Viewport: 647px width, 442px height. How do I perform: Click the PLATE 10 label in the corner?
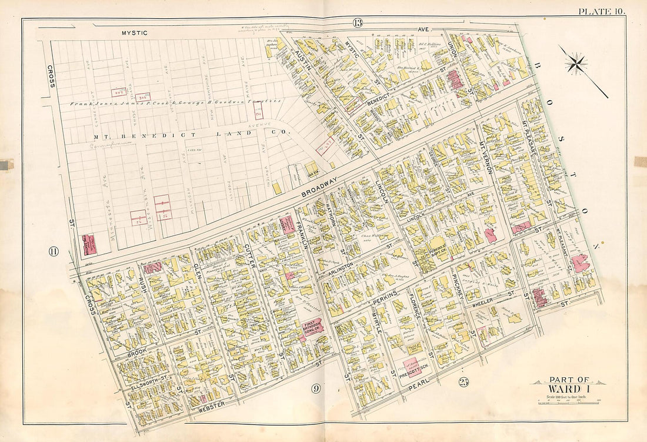pyautogui.click(x=601, y=11)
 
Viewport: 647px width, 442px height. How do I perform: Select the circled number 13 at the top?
pyautogui.click(x=357, y=23)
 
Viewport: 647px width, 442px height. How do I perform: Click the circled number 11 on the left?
pyautogui.click(x=54, y=252)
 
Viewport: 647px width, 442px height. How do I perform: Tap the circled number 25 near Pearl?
pyautogui.click(x=464, y=383)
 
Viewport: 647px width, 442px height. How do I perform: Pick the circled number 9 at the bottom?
pyautogui.click(x=316, y=388)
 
